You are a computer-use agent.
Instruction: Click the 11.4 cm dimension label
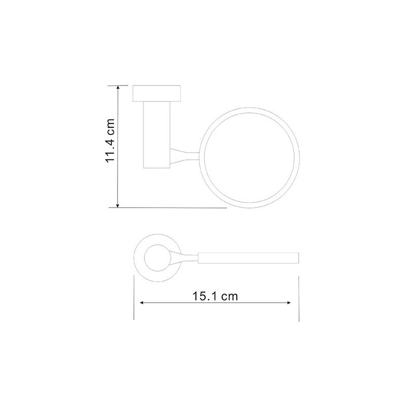coord(110,141)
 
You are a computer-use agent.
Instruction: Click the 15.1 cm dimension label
coord(215,296)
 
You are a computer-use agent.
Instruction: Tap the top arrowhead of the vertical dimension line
coord(118,88)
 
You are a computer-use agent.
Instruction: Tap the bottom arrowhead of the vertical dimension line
coord(118,206)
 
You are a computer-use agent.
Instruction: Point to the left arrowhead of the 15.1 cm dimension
coord(142,303)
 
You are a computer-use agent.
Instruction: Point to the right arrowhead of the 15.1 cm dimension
coord(288,303)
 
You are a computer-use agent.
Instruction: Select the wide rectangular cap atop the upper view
coord(157,93)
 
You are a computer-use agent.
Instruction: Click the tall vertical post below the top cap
coord(157,135)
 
